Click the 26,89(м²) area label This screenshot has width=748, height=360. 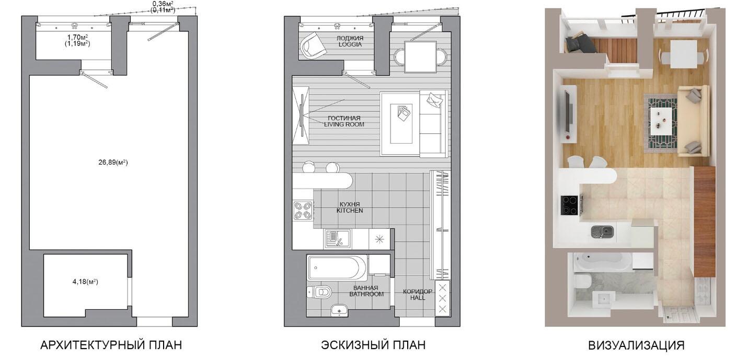tap(113, 162)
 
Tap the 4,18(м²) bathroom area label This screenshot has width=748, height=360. tap(86, 282)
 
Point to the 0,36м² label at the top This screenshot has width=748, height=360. tap(163, 3)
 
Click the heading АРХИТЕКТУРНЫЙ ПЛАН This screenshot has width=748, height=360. tap(111, 345)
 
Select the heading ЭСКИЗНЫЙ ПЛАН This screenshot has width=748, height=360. tap(373, 345)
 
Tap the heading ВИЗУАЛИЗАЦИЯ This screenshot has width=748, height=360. tap(637, 345)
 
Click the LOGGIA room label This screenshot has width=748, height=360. tap(350, 44)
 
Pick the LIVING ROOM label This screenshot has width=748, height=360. tap(344, 124)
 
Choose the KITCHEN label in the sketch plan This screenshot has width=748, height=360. tap(350, 211)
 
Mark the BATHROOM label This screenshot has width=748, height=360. tap(366, 294)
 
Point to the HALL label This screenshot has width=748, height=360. tap(418, 298)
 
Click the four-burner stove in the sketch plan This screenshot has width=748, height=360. tap(303, 211)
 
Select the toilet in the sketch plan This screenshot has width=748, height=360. tap(319, 292)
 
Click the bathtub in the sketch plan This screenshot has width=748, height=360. tap(337, 268)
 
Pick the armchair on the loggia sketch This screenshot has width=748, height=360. tap(313, 45)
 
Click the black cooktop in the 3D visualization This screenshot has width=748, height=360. tap(570, 205)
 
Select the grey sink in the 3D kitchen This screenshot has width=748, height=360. tap(602, 231)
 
